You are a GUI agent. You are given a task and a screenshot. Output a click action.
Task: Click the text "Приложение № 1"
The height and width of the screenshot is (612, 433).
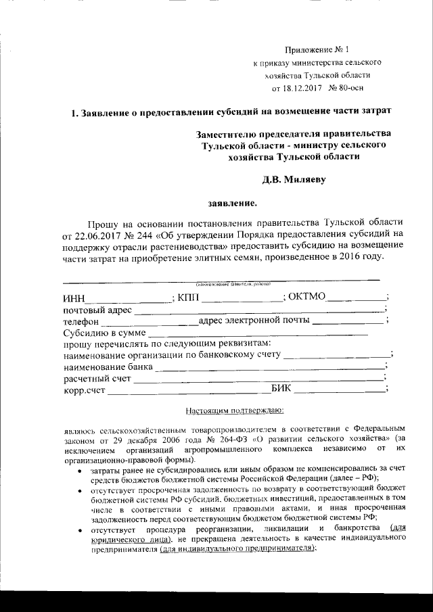(316, 49)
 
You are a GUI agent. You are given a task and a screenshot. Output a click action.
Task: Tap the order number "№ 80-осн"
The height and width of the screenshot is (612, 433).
(349, 88)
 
